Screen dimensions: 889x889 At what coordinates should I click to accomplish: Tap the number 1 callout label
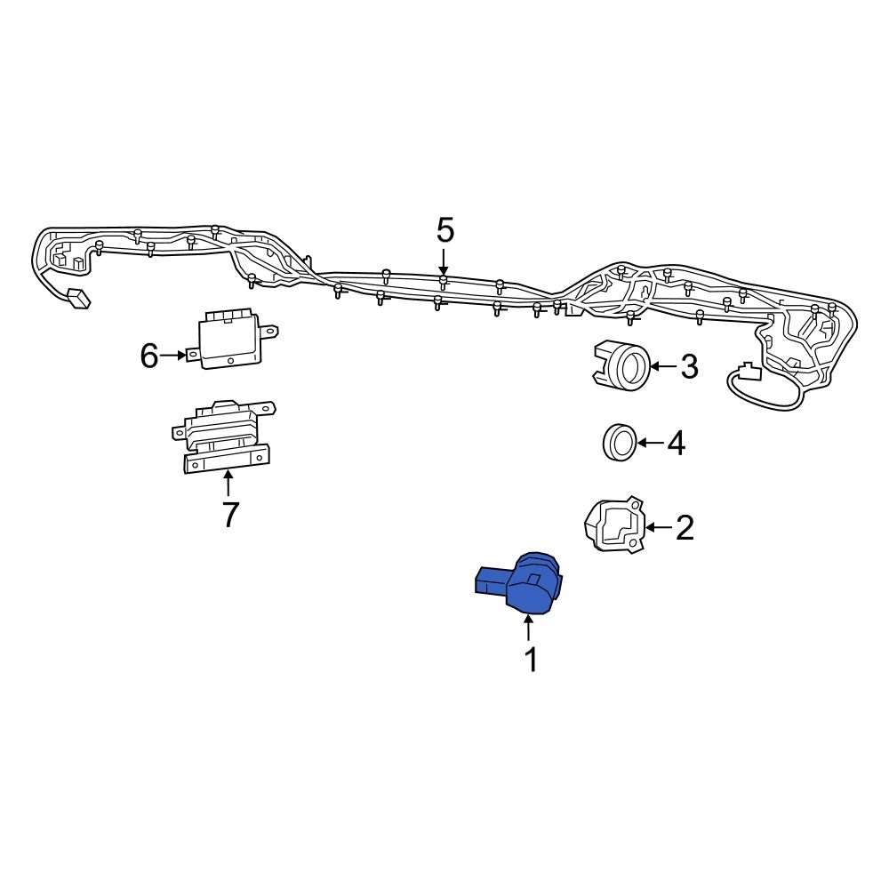coord(530,661)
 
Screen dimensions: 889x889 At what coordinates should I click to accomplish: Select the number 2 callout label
coord(685,528)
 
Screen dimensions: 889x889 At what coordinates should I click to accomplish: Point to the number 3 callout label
coord(690,366)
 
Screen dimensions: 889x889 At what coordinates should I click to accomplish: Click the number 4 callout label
coord(677,443)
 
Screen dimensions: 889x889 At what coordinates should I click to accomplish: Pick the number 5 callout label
coord(444,231)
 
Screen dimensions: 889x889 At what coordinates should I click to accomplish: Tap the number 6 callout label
coord(149,356)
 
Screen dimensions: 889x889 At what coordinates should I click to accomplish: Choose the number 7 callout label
coord(230,515)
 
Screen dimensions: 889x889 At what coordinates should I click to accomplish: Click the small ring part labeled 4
coord(620,443)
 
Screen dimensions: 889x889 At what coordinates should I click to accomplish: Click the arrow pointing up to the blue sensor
coord(529,629)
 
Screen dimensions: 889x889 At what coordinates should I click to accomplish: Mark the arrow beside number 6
coord(174,356)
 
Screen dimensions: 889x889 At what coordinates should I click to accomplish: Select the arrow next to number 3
coord(663,366)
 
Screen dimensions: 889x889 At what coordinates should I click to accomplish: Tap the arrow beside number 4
coord(650,443)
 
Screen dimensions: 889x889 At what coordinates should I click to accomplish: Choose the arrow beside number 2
coord(657,528)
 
